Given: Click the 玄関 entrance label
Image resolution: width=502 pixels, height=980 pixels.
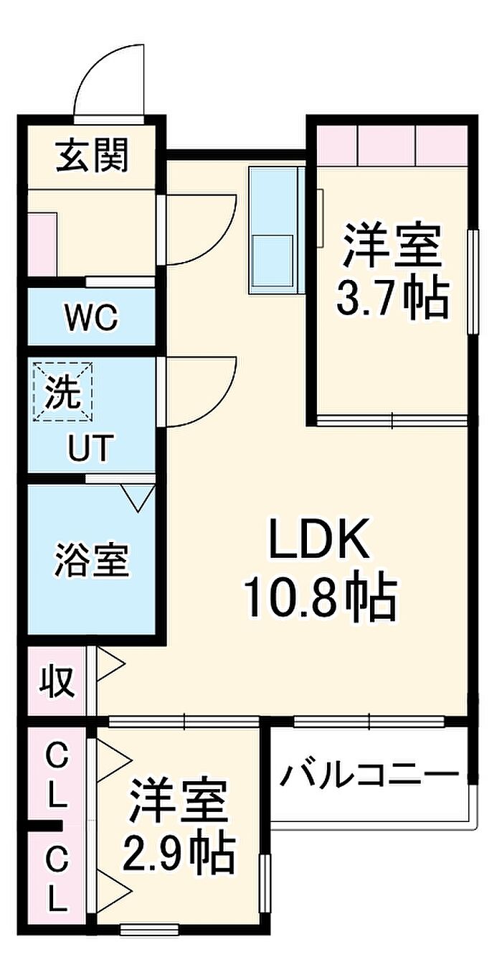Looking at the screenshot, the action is (93, 155).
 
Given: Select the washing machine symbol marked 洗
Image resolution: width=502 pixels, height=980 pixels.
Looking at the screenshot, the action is (63, 391).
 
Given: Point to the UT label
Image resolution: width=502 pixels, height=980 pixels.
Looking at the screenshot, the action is (91, 447).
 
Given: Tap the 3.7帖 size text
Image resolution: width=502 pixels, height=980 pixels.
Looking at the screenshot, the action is (392, 298).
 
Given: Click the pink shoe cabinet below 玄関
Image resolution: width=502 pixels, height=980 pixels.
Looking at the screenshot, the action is (42, 244).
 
